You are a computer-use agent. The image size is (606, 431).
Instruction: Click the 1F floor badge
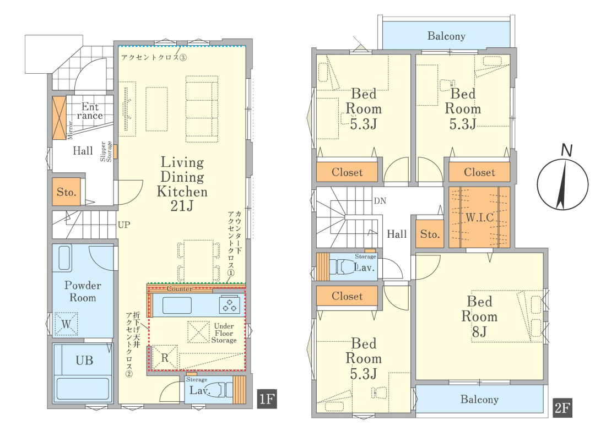(x=267, y=399)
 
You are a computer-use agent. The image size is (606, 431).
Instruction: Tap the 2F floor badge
(x=562, y=408)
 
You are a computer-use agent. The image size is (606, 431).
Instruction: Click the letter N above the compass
(x=566, y=150)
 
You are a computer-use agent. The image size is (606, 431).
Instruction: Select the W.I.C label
(x=480, y=217)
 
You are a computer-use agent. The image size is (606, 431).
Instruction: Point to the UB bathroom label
(x=84, y=361)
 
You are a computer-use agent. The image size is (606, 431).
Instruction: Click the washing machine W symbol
(x=66, y=324)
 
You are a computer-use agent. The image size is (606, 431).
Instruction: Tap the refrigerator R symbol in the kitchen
(x=165, y=358)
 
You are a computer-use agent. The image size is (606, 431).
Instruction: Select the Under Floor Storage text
(x=224, y=333)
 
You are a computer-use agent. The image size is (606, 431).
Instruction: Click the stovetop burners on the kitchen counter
(x=229, y=305)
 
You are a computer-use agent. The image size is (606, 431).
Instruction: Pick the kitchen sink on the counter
(x=177, y=305)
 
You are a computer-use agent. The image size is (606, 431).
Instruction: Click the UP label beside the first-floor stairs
(x=123, y=225)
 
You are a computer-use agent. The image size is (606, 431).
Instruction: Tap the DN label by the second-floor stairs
(x=380, y=201)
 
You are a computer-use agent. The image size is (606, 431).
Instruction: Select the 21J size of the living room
(x=182, y=206)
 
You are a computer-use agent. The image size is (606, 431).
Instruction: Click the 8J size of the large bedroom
(x=479, y=331)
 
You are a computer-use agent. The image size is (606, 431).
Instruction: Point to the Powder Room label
(x=83, y=291)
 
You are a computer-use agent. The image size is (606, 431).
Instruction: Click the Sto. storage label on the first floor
(x=67, y=192)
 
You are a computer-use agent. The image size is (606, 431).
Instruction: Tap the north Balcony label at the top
(x=446, y=36)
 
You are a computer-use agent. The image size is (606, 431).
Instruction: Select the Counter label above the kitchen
(x=180, y=289)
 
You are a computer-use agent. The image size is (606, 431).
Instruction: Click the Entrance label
(x=90, y=111)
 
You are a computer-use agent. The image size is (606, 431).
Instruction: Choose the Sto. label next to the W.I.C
(x=430, y=234)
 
